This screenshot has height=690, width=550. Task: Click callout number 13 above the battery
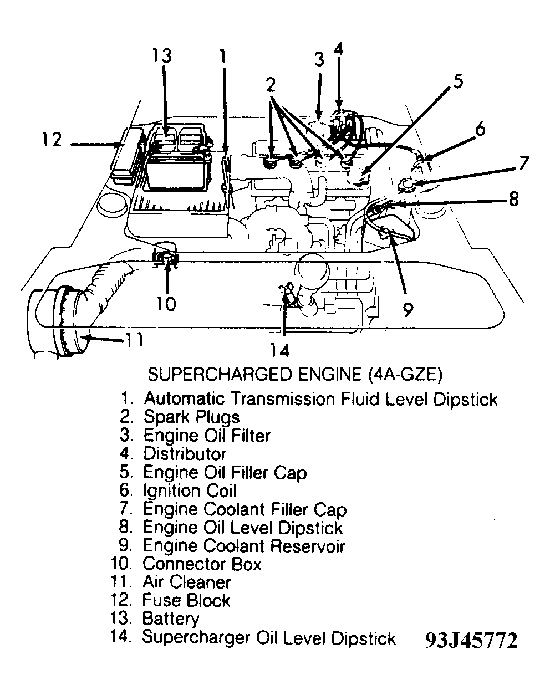click(162, 57)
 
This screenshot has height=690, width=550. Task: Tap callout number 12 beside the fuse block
click(52, 139)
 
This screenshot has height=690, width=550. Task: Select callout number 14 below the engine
click(281, 350)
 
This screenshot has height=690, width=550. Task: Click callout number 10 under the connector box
click(165, 303)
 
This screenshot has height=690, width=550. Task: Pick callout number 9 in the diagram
click(408, 309)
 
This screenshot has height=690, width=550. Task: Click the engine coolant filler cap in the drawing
click(410, 183)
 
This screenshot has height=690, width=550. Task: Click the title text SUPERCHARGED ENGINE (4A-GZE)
click(294, 375)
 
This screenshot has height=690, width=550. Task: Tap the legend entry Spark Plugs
click(191, 417)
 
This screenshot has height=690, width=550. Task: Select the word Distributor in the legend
click(185, 454)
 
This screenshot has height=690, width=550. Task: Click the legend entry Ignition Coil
click(189, 491)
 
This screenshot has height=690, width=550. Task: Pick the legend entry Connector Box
click(201, 564)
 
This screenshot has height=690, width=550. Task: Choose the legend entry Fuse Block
click(186, 600)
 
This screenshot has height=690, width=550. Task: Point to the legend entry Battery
click(170, 619)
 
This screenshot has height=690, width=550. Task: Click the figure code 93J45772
click(471, 641)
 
